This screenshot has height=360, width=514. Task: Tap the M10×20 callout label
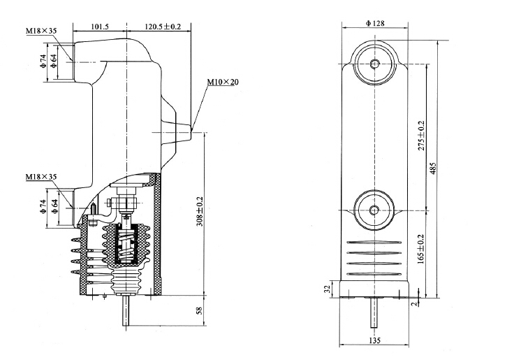[223, 82]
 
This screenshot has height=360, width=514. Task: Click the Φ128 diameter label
[375, 24]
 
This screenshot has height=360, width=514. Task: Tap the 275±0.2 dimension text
[420, 136]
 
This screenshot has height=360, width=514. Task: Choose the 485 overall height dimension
[433, 168]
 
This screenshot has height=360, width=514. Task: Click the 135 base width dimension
[375, 342]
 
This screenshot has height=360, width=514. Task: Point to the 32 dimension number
[327, 289]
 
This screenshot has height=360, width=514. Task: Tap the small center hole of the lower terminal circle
[375, 209]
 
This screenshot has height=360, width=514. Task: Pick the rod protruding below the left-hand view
[126, 311]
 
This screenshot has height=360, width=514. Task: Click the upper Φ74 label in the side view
[43, 60]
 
